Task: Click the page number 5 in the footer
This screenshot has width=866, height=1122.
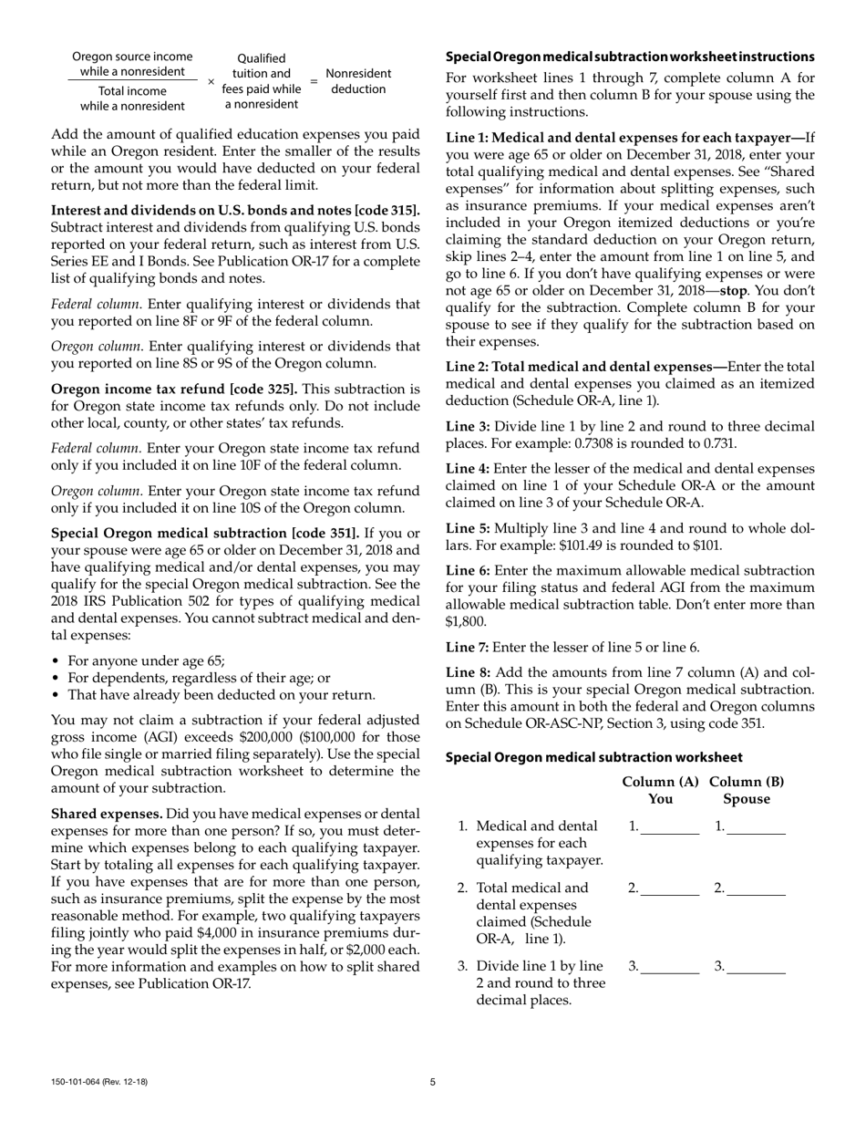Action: [x=433, y=1083]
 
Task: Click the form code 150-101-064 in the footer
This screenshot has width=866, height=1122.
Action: [x=99, y=1083]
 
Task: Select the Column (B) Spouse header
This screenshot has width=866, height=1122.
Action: [x=746, y=791]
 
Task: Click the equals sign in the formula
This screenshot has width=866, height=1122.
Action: [x=314, y=81]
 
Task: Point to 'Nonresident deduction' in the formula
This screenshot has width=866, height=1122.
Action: [x=358, y=81]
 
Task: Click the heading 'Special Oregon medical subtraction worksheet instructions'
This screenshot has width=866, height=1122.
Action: [x=630, y=57]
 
